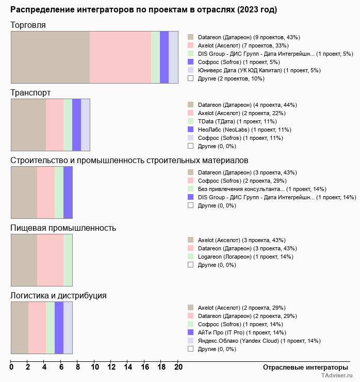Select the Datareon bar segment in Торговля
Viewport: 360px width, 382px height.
(50, 57)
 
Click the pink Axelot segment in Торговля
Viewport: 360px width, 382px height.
(120, 57)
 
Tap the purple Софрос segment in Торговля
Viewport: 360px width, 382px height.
(164, 57)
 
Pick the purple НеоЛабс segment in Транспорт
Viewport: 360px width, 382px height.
(76, 124)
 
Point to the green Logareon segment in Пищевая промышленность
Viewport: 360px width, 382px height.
(68, 260)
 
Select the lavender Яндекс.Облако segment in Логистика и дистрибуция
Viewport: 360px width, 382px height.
(68, 327)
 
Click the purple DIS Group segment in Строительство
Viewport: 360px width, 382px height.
(68, 192)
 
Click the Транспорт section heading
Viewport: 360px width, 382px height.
(30, 93)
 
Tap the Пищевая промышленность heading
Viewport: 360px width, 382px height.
(63, 228)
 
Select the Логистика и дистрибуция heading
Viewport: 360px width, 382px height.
(58, 296)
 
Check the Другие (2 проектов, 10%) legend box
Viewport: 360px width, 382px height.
(191, 78)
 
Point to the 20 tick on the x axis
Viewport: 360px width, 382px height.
(178, 368)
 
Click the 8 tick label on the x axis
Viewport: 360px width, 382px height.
(78, 368)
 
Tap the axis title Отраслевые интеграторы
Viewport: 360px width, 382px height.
(302, 368)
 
